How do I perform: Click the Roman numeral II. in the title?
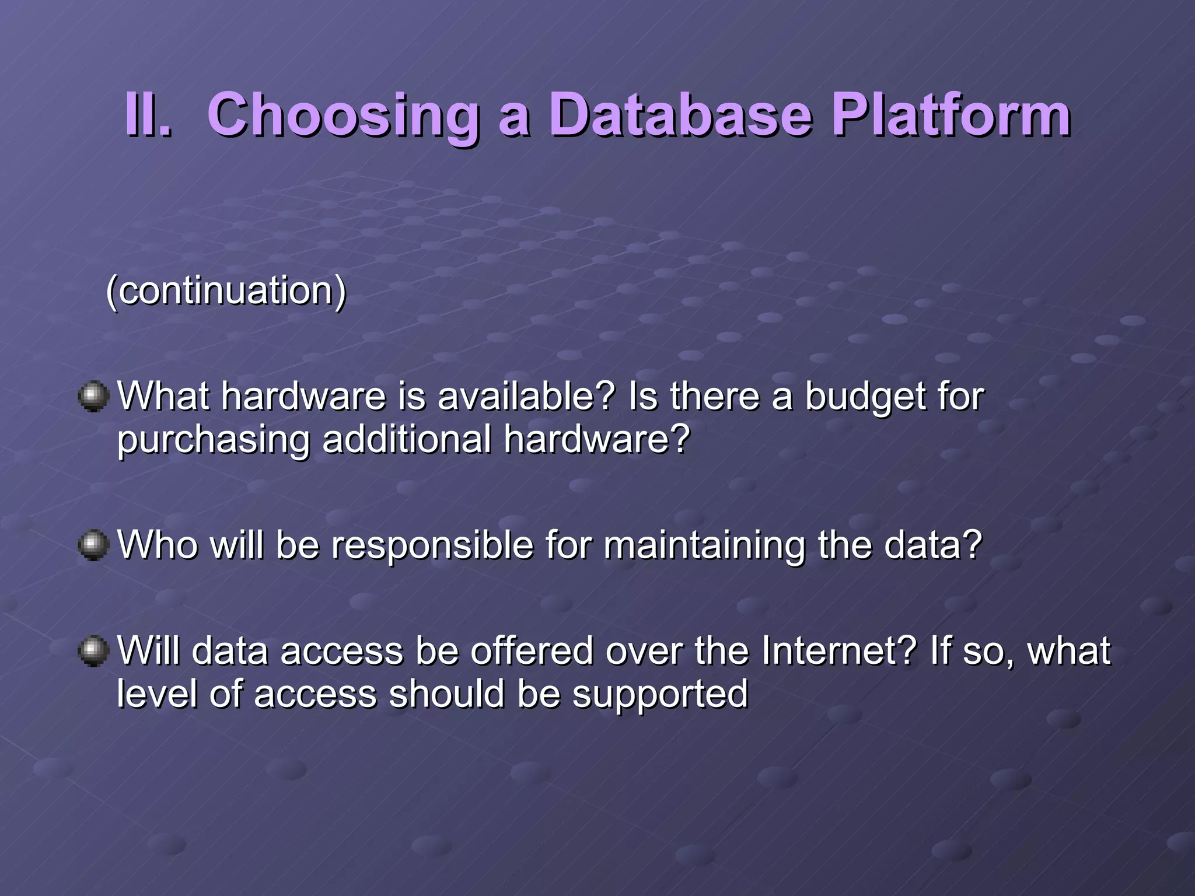pos(148,115)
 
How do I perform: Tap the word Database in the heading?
pos(680,115)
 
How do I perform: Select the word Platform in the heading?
pos(951,115)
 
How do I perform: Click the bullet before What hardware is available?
pos(93,397)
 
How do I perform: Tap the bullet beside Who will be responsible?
pos(93,545)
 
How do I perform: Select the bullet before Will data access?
pos(93,651)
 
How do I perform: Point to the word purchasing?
pos(213,441)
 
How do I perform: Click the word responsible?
pos(432,546)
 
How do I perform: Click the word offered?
pos(532,651)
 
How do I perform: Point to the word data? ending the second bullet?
pos(933,545)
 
